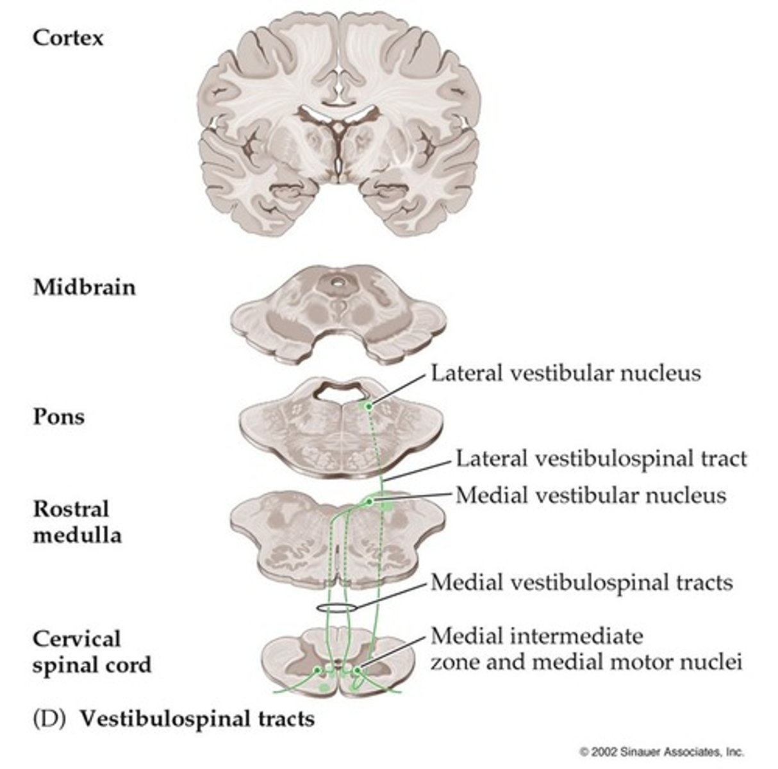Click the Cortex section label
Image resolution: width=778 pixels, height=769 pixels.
[x=67, y=38]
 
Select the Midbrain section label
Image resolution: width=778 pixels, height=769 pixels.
[x=84, y=286]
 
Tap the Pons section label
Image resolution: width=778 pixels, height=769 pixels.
[x=58, y=417]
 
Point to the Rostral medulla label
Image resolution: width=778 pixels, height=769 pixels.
[x=77, y=522]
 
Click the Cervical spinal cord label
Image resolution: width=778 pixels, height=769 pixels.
[x=92, y=652]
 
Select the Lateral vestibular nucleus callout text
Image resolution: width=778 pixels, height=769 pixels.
[x=565, y=373]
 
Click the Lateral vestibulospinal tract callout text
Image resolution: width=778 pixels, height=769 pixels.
[x=601, y=459]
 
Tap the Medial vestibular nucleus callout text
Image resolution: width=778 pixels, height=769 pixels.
[x=590, y=495]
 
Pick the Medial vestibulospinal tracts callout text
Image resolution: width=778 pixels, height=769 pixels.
[x=581, y=583]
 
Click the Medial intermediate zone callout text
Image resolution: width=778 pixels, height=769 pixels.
[x=586, y=649]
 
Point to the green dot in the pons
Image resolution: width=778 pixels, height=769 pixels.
[x=368, y=406]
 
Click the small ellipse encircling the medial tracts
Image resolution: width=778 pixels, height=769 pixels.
[x=335, y=606]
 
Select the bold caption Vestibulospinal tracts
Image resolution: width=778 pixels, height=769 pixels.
[x=197, y=719]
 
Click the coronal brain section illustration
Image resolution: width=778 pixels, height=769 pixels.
[x=338, y=122]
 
